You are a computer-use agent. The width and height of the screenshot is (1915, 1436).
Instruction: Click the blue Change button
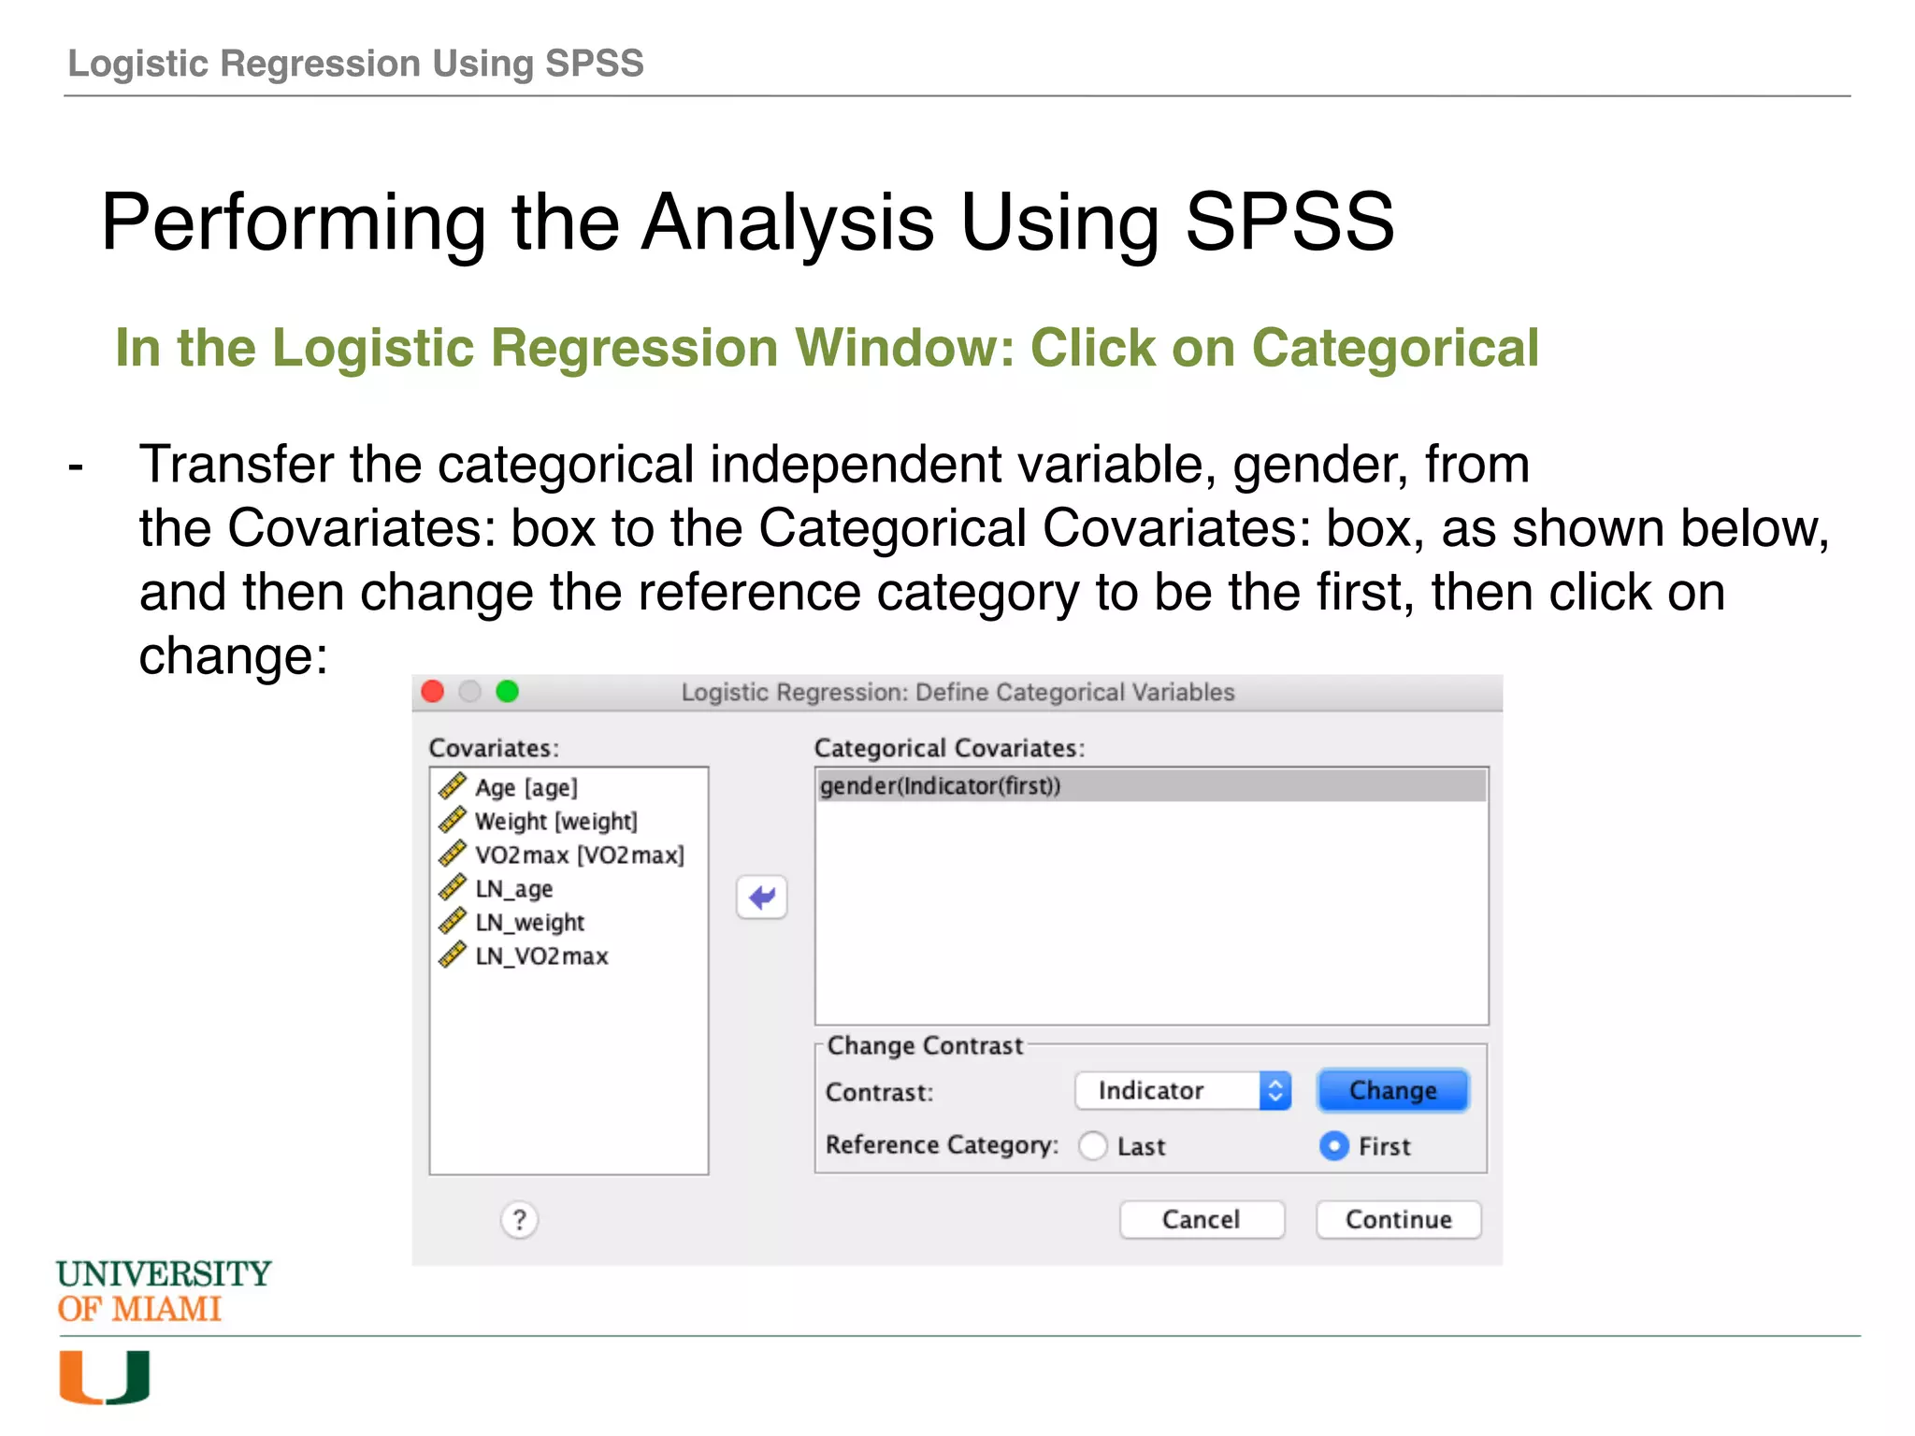pos(1392,1090)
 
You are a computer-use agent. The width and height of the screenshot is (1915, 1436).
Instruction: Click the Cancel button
pos(1202,1219)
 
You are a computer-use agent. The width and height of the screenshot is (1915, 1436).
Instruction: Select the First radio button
pos(1334,1145)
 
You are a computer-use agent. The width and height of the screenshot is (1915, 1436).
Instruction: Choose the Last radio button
pos(1093,1145)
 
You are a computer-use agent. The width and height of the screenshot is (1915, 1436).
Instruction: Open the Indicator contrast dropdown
pos(1183,1090)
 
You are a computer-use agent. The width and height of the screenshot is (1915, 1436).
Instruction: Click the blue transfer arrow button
pos(762,897)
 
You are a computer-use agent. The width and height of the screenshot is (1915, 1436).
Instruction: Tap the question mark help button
pos(519,1219)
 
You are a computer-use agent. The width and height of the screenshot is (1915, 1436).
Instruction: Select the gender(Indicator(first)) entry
pos(941,786)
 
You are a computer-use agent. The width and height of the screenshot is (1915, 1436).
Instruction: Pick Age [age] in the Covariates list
pos(526,787)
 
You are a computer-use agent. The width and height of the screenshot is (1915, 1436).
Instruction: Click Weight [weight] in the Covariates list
pos(555,821)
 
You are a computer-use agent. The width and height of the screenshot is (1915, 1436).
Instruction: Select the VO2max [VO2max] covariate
pos(579,854)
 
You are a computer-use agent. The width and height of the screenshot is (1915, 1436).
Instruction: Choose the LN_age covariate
pos(513,888)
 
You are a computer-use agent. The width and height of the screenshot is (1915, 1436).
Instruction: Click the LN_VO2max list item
pos(541,955)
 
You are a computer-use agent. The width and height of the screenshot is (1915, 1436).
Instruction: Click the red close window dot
pos(433,691)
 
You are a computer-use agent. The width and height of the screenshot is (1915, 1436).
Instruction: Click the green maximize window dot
pos(507,691)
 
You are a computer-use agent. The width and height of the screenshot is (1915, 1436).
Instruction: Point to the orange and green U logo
pos(104,1376)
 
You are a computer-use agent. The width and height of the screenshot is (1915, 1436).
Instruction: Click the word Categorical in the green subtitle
pos(1394,348)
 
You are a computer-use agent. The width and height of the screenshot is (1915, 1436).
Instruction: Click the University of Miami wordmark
pos(163,1291)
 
